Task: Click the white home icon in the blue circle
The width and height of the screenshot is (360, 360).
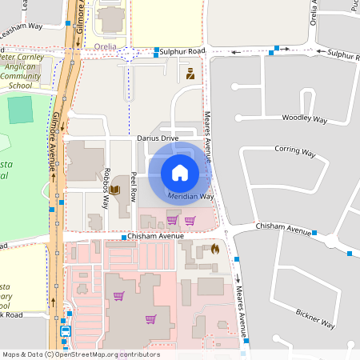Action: [180, 171]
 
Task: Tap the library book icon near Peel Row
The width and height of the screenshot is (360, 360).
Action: [114, 190]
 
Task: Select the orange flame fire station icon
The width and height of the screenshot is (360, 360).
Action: [215, 249]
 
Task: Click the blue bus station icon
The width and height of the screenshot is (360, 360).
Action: [65, 330]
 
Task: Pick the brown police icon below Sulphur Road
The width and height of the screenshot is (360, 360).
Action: [190, 74]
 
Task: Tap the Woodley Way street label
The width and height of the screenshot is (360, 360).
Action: [305, 118]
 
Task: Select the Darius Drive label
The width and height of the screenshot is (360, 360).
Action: [157, 138]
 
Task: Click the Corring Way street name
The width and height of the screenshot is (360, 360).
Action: [294, 150]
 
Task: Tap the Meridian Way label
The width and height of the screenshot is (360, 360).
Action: [190, 196]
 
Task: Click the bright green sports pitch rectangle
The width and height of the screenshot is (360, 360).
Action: [21, 110]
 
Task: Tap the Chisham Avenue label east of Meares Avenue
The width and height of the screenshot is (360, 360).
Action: [282, 230]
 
